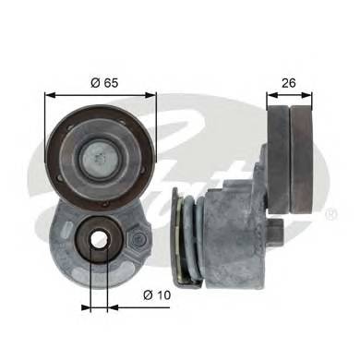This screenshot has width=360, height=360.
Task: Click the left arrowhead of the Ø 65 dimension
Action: [49, 93]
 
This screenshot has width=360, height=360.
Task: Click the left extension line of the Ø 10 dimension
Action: [87, 277]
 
